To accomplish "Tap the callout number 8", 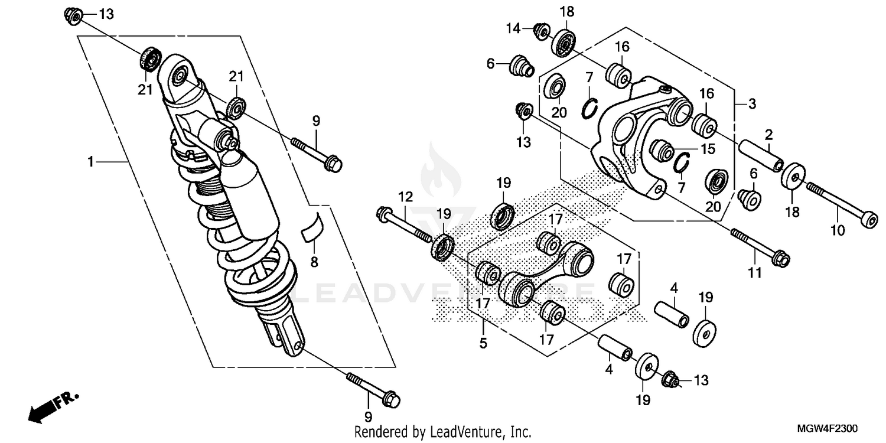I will click(x=314, y=260).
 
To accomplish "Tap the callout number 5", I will click(x=483, y=342).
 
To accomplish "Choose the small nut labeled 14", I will click(x=540, y=29).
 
